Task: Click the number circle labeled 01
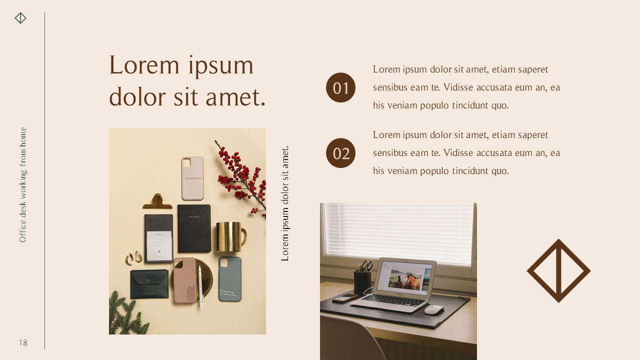pyautogui.click(x=340, y=87)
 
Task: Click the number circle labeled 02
pyautogui.click(x=340, y=153)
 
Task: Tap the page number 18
pyautogui.click(x=23, y=343)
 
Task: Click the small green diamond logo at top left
pyautogui.click(x=20, y=18)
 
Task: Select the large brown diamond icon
pyautogui.click(x=558, y=270)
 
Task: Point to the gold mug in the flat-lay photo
pyautogui.click(x=230, y=237)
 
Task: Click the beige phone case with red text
pyautogui.click(x=192, y=178)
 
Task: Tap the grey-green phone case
pyautogui.click(x=229, y=279)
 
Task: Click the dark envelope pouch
pyautogui.click(x=149, y=283)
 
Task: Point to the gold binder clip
pyautogui.click(x=157, y=201)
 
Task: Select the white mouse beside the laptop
pyautogui.click(x=434, y=309)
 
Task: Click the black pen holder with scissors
pyautogui.click(x=362, y=281)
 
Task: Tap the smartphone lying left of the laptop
pyautogui.click(x=344, y=298)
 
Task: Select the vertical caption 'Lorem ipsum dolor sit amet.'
pyautogui.click(x=285, y=203)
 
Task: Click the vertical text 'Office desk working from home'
pyautogui.click(x=23, y=185)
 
